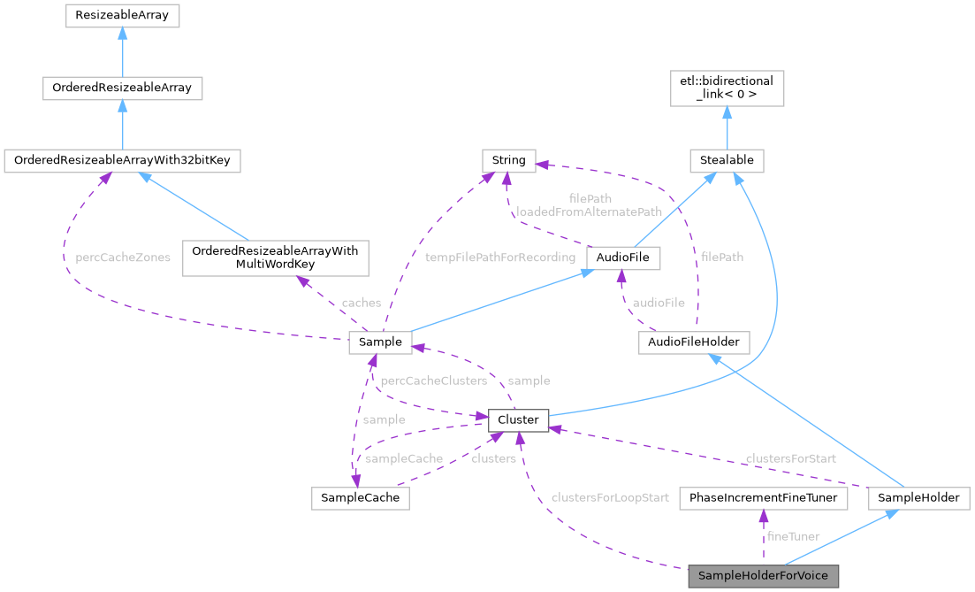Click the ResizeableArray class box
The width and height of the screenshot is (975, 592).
point(122,16)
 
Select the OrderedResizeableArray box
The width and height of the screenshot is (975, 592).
point(122,88)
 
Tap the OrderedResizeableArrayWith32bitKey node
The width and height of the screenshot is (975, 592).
point(122,161)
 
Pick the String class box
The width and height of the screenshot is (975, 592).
point(508,160)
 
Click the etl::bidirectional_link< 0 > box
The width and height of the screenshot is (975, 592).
point(726,88)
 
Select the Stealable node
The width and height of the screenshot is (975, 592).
point(726,161)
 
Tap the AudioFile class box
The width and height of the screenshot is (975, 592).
point(623,258)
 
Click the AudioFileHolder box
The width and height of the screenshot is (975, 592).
point(694,342)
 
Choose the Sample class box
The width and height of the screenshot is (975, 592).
point(381,342)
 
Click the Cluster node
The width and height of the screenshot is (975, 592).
point(518,419)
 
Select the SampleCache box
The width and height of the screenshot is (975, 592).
point(361,498)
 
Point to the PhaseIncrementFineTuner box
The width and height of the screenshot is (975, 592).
point(763,498)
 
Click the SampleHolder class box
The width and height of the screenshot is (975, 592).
point(918,498)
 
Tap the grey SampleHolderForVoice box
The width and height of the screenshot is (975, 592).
point(763,576)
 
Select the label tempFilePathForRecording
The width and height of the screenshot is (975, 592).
point(499,258)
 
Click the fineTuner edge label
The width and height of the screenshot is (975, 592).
point(793,536)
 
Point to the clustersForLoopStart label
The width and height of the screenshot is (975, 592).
point(609,498)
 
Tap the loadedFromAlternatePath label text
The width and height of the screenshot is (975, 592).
point(589,211)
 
